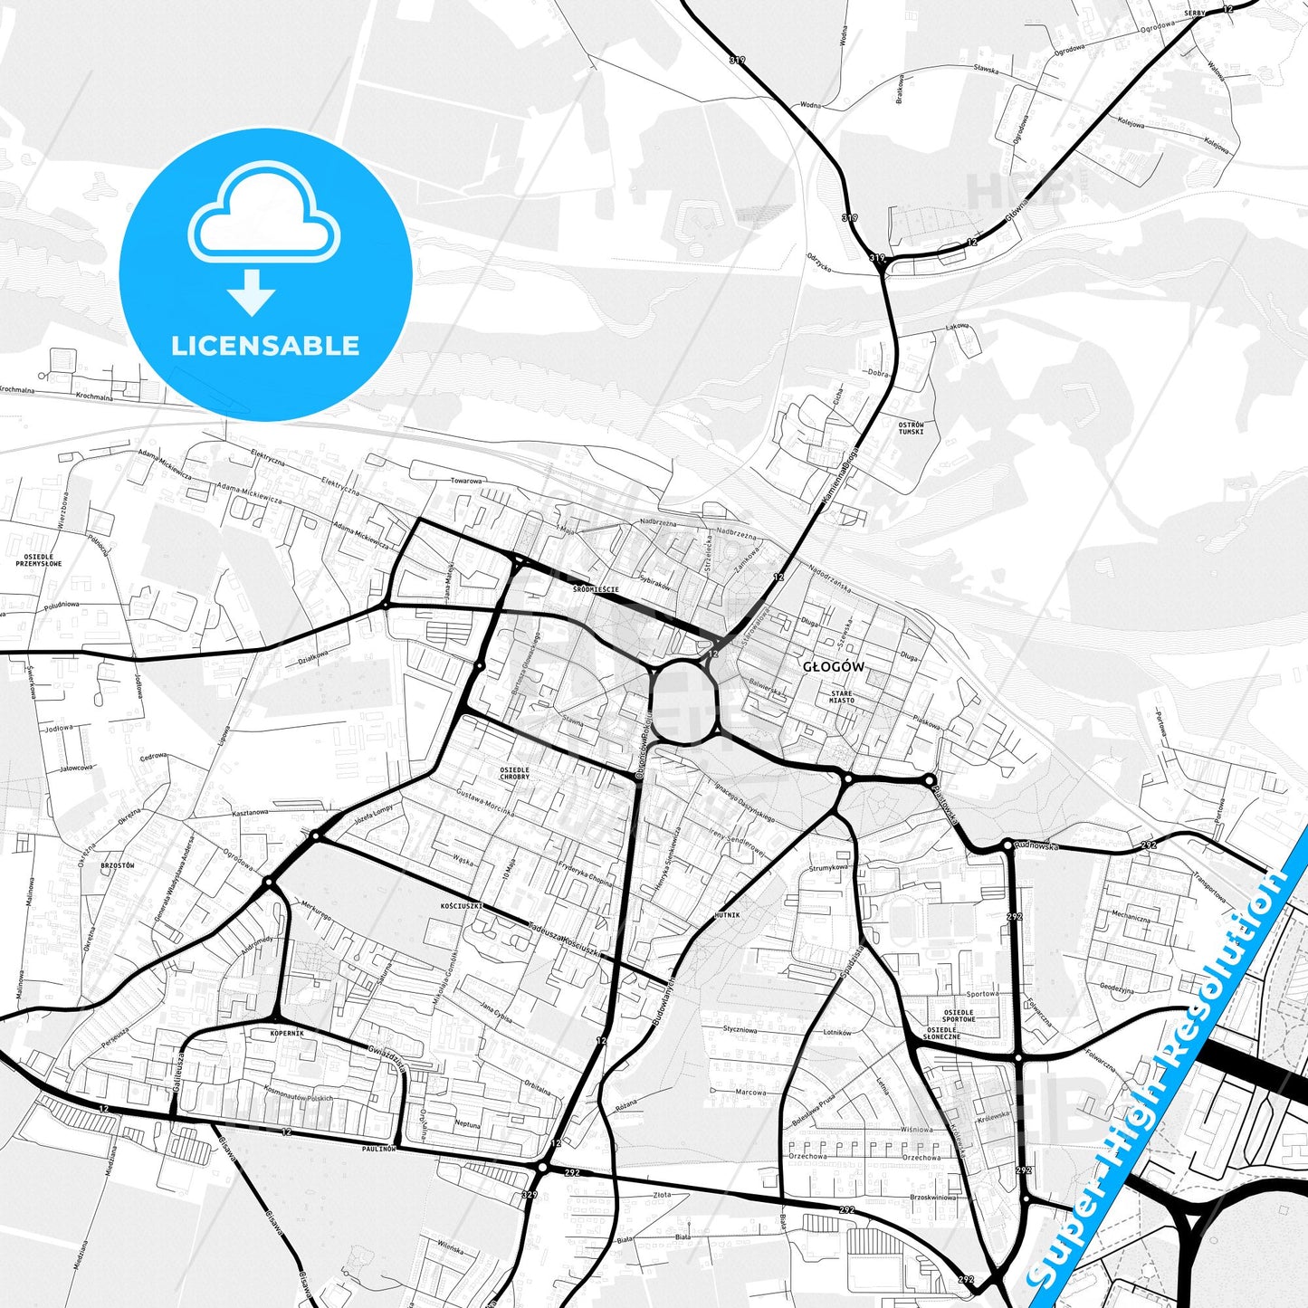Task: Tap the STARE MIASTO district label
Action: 841,697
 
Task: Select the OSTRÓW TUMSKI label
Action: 911,428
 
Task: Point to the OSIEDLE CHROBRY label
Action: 515,773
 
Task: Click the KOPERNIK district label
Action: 287,1033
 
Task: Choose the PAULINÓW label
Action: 379,1148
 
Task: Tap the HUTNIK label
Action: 727,915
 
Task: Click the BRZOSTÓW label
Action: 118,865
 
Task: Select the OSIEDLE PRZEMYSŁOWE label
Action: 39,560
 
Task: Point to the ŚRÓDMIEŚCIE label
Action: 596,589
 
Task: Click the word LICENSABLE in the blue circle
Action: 265,346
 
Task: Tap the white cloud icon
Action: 263,213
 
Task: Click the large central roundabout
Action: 683,702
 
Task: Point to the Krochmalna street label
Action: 94,396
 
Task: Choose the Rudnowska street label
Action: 1036,846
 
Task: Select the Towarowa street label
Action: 467,481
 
